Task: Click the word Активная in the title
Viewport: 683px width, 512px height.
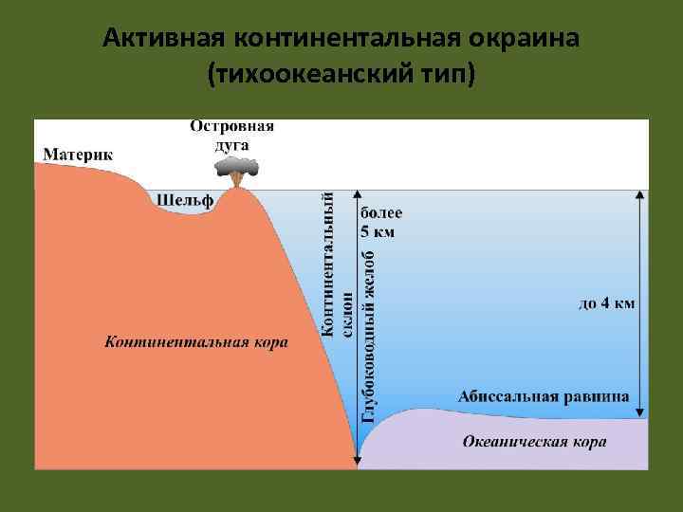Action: tap(161, 39)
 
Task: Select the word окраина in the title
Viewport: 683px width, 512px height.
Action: tap(528, 39)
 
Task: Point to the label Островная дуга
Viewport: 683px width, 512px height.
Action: tap(233, 134)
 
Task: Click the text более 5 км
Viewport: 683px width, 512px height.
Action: tap(380, 222)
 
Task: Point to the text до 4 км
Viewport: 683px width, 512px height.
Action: tap(607, 303)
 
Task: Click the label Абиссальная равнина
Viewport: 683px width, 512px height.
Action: tap(543, 396)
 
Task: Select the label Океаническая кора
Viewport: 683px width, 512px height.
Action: tap(535, 441)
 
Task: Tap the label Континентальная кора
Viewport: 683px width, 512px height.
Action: tap(196, 341)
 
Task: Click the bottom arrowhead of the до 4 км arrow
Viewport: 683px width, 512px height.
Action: tap(640, 413)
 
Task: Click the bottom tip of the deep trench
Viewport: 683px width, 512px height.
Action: tap(357, 466)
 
